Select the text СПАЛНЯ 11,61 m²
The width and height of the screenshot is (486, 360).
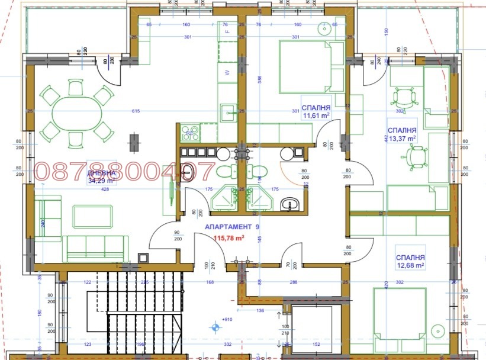[x=316, y=111]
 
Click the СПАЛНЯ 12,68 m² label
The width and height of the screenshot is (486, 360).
[x=410, y=262]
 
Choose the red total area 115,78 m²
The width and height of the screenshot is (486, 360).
[x=228, y=237]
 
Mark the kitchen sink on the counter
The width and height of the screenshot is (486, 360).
[x=228, y=111]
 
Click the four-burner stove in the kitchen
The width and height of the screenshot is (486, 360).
[x=191, y=131]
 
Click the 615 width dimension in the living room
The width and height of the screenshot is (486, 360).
[x=136, y=111]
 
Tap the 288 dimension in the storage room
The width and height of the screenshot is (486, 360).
[x=294, y=282]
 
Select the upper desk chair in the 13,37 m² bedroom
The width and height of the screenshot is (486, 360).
[x=404, y=95]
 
